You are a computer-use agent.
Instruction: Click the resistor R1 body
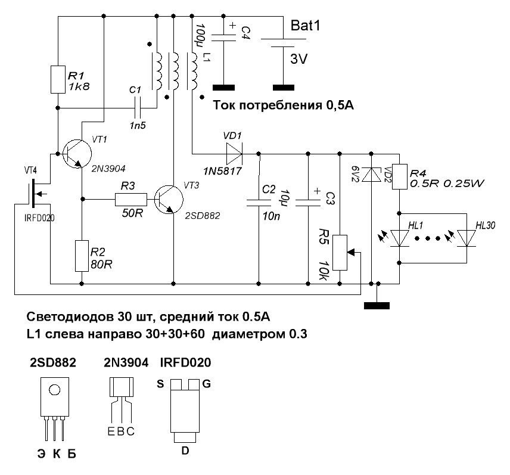pyautogui.click(x=58, y=79)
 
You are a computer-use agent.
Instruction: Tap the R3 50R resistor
pyautogui.click(x=130, y=198)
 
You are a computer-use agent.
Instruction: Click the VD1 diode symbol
pyautogui.click(x=232, y=153)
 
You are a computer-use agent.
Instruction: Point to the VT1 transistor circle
pyautogui.click(x=76, y=153)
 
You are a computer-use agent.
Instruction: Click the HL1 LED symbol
pyautogui.click(x=399, y=238)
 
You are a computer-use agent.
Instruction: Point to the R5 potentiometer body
pyautogui.click(x=340, y=253)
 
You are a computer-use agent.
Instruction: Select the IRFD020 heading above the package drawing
pyautogui.click(x=185, y=363)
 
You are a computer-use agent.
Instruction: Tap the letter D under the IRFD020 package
pyautogui.click(x=185, y=451)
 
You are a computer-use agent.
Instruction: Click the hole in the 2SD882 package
pyautogui.click(x=55, y=390)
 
